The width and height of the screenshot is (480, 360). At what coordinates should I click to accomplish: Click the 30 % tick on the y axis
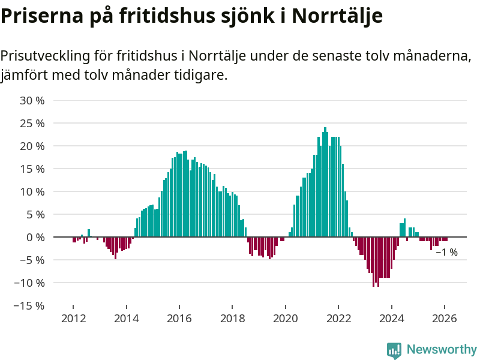(32, 100)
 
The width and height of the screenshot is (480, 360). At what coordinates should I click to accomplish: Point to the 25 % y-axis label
(32, 123)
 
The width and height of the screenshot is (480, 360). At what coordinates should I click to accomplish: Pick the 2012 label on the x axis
(73, 319)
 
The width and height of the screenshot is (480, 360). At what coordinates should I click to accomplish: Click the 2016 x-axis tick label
(179, 319)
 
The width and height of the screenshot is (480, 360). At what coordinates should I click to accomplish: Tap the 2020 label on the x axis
(286, 319)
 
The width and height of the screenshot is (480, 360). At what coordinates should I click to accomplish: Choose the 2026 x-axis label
(445, 319)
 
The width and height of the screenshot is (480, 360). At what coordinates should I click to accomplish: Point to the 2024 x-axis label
(392, 319)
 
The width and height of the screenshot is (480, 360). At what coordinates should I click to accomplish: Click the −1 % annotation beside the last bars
(446, 253)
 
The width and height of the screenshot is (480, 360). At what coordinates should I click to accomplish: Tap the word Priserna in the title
(38, 16)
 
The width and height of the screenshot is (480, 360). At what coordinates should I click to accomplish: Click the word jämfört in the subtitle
(25, 76)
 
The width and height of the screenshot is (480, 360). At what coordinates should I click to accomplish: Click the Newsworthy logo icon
(394, 350)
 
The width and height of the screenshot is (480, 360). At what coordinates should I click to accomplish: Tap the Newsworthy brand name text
(442, 349)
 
